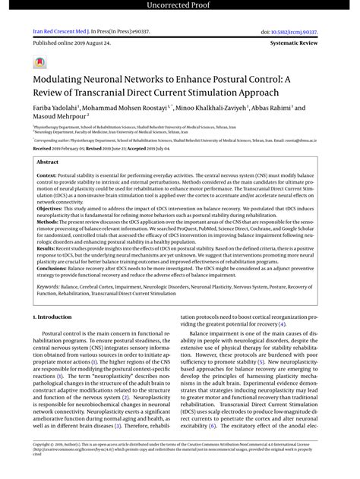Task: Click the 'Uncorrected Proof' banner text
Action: pos(179,7)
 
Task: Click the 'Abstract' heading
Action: pos(48,162)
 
